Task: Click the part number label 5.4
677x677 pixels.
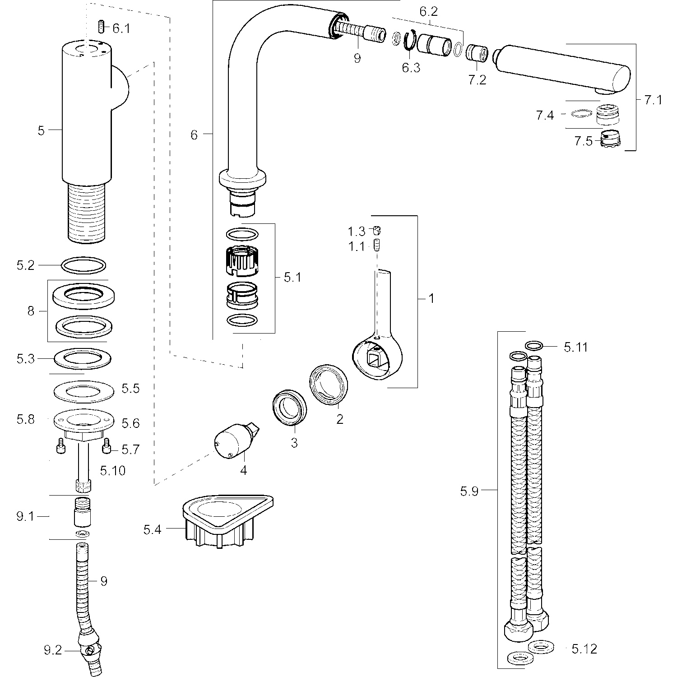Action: click(152, 529)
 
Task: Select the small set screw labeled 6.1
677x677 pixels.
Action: click(102, 28)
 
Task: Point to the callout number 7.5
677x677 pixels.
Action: click(583, 141)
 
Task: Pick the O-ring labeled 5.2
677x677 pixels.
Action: click(83, 265)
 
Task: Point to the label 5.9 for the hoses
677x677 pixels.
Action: click(469, 491)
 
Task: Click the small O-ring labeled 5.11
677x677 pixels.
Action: click(534, 346)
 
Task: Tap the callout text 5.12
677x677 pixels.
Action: click(584, 649)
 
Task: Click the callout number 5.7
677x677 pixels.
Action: click(130, 450)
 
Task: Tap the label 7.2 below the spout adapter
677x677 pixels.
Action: click(477, 80)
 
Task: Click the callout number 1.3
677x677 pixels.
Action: click(356, 232)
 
